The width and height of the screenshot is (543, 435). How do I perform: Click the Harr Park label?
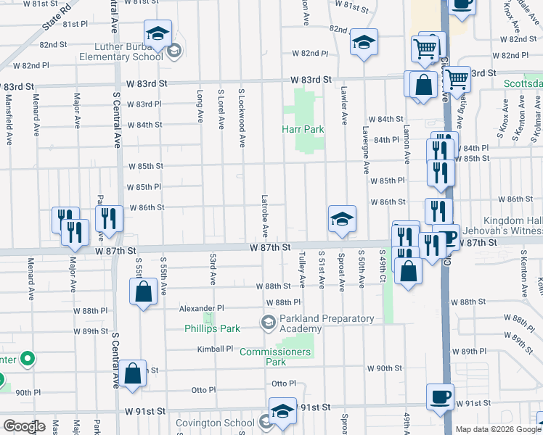pyautogui.click(x=303, y=130)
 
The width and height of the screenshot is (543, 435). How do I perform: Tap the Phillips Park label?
pyautogui.click(x=212, y=328)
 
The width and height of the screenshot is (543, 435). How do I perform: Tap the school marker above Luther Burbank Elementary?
pyautogui.click(x=158, y=34)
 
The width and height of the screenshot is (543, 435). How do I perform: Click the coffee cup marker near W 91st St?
pyautogui.click(x=441, y=397)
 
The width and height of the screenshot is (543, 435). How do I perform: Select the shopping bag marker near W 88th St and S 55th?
pyautogui.click(x=144, y=292)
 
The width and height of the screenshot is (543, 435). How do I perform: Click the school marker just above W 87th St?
pyautogui.click(x=342, y=218)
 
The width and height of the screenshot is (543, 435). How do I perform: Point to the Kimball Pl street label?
pyautogui.click(x=215, y=349)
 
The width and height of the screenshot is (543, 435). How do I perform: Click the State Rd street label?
pyautogui.click(x=57, y=17)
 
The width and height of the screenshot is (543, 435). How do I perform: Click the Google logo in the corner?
pyautogui.click(x=24, y=426)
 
